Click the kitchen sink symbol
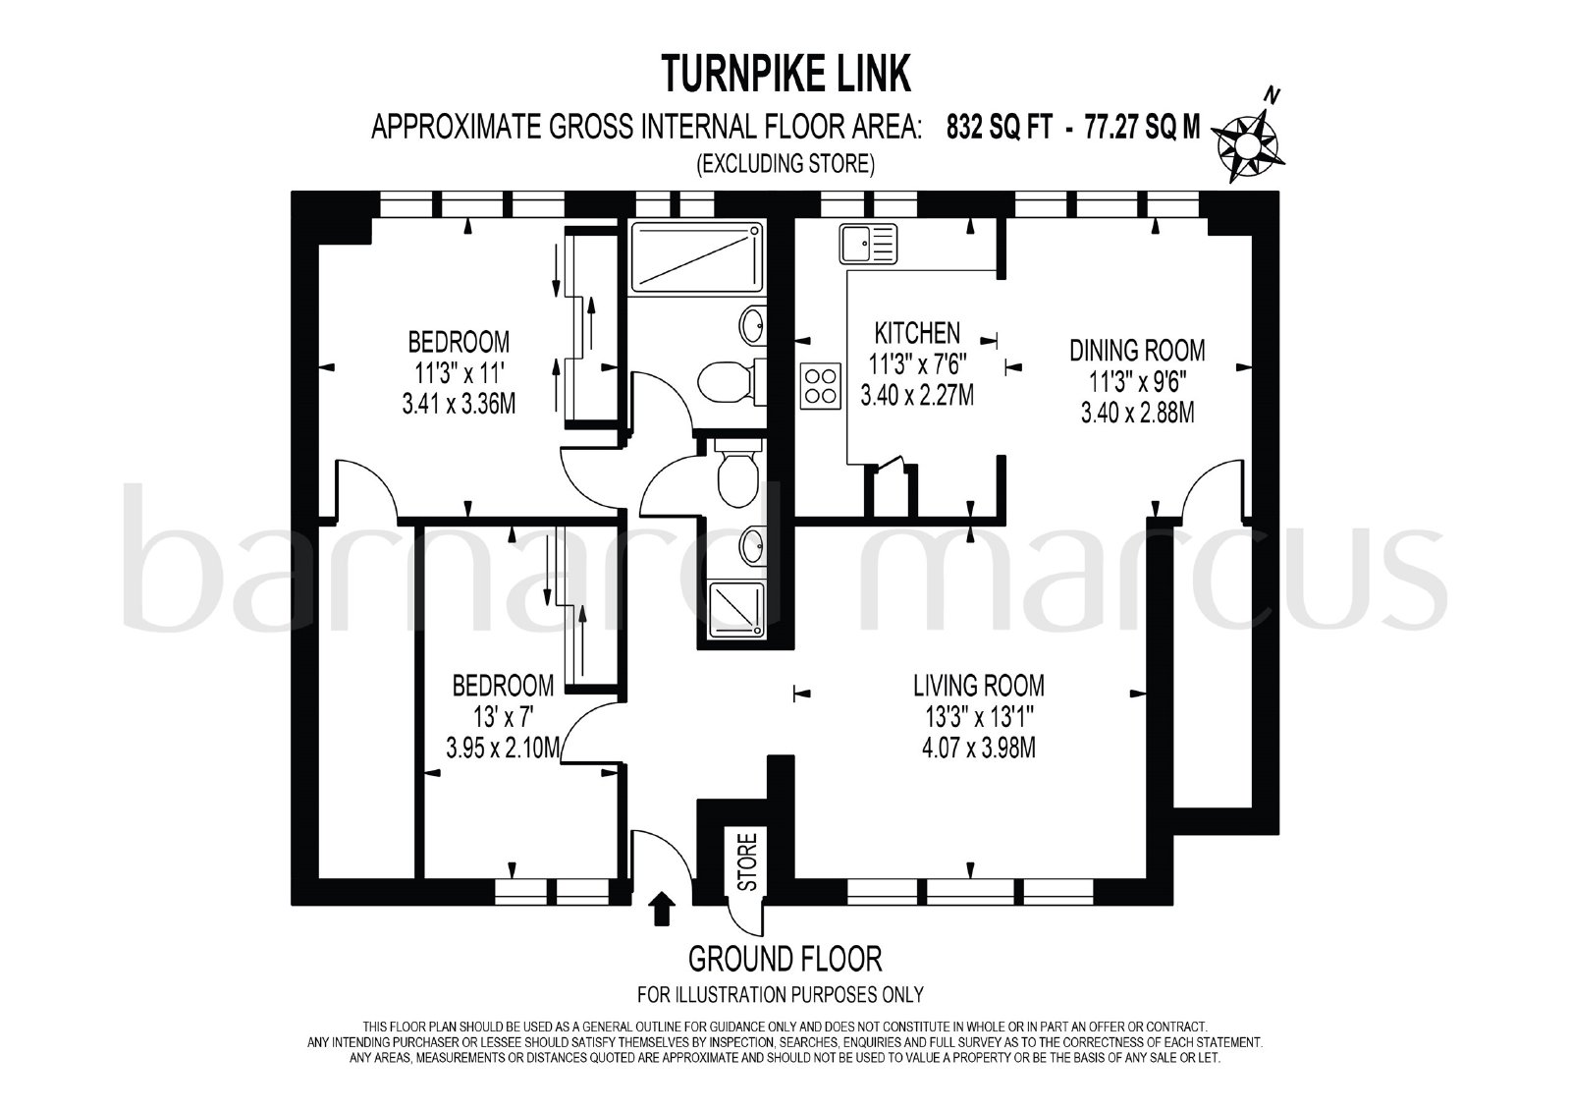[868, 245]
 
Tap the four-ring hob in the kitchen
[821, 385]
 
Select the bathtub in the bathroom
[696, 257]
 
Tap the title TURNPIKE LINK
[786, 74]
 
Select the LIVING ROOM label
[978, 685]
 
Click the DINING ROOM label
[1137, 351]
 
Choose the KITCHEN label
[917, 332]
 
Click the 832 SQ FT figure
[1000, 128]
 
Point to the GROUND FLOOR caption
[785, 959]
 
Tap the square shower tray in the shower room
[736, 610]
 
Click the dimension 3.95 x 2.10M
[504, 749]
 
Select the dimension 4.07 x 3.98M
[978, 749]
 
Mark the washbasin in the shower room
[751, 545]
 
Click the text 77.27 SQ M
[1143, 128]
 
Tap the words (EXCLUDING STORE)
[785, 163]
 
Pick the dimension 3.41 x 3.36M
[459, 405]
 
